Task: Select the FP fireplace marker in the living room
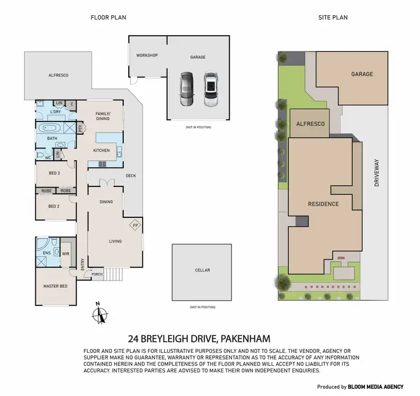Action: click(134, 226)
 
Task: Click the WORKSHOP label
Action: click(147, 55)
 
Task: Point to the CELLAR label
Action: click(202, 271)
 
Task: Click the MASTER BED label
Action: click(55, 286)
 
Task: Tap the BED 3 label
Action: click(54, 173)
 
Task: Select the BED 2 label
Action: click(54, 206)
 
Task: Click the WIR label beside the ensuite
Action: click(66, 253)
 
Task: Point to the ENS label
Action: click(46, 253)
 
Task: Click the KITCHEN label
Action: click(101, 150)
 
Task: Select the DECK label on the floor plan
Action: click(131, 176)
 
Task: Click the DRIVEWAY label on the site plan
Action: click(377, 174)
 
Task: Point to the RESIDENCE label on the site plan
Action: click(323, 204)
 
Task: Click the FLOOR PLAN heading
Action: click(108, 17)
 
